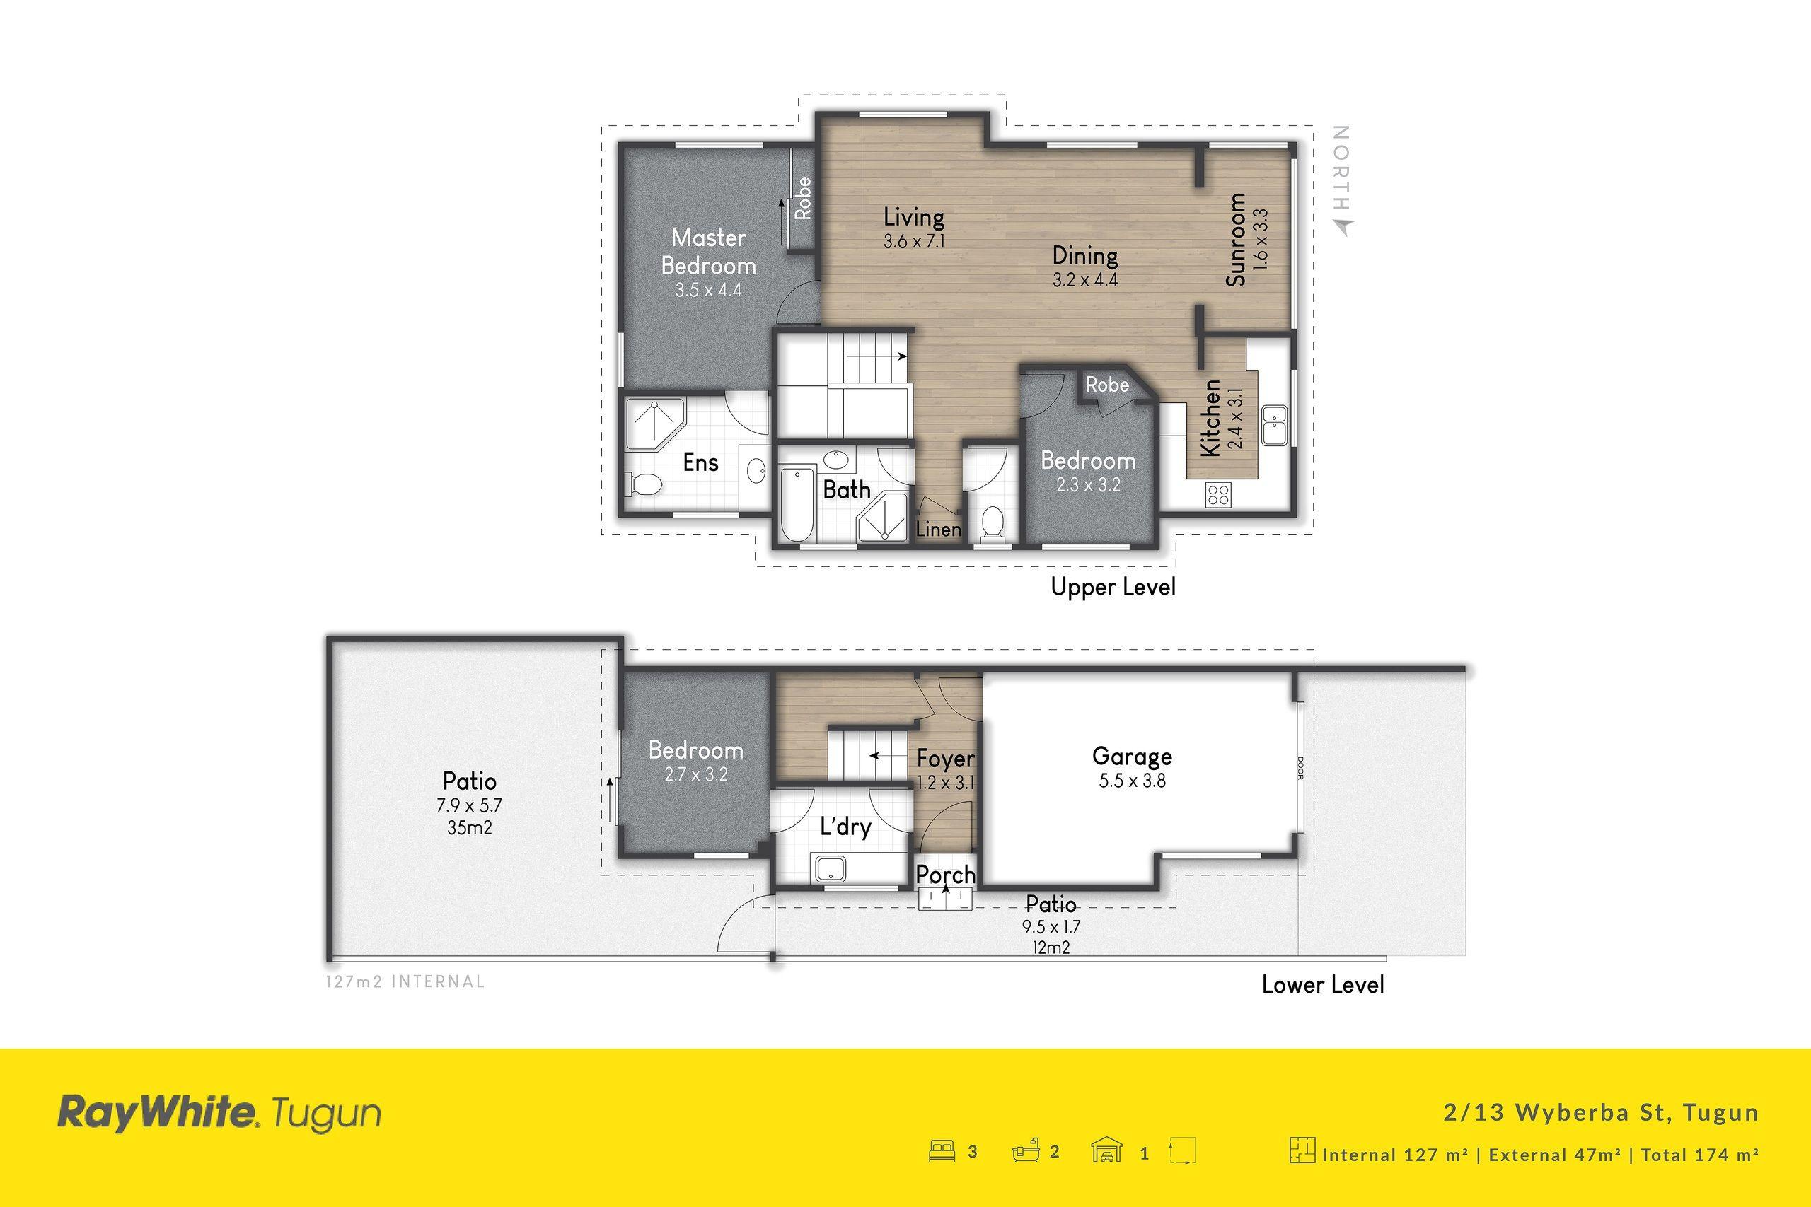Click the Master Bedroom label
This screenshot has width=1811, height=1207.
coord(708,251)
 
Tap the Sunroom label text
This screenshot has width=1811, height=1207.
coord(1236,240)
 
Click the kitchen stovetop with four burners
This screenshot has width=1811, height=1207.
coord(1218,494)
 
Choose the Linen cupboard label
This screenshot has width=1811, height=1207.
coord(939,530)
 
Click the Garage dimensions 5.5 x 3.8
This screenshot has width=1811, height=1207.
coord(1132,781)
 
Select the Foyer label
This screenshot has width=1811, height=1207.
coord(946,759)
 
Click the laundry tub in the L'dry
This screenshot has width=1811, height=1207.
coord(830,869)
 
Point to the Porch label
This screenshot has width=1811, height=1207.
coord(946,875)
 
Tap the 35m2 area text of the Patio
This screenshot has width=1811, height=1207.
coord(470,828)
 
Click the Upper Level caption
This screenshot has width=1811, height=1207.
coord(1113,588)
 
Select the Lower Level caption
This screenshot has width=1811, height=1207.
coord(1323,984)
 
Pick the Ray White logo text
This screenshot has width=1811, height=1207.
coord(158,1114)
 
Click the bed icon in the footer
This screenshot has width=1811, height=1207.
coord(942,1153)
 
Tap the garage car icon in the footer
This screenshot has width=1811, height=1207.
coord(1106,1153)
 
